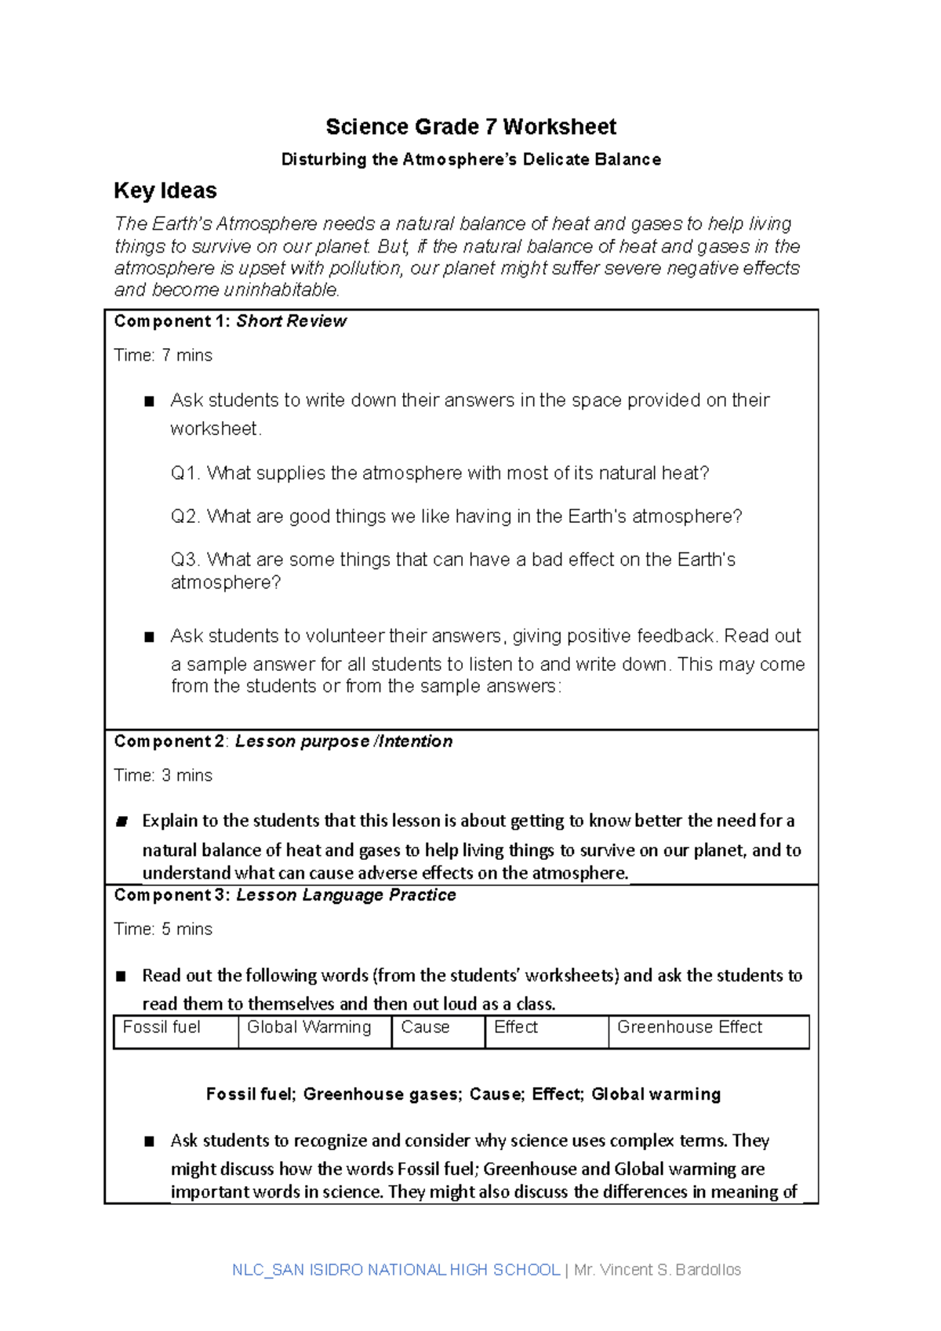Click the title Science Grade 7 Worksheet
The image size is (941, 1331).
tap(470, 127)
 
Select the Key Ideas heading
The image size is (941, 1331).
tap(165, 190)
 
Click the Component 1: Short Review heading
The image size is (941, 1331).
tap(230, 321)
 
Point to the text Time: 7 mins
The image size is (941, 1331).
tap(163, 355)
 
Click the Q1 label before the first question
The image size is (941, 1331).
tap(185, 473)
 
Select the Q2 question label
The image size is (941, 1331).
tap(185, 517)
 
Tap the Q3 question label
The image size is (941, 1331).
tap(185, 560)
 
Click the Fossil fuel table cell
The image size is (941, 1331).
tap(162, 1028)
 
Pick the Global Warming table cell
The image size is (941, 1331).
tap(309, 1028)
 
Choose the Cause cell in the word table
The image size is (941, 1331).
tap(425, 1028)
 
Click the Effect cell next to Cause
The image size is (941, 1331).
tap(516, 1028)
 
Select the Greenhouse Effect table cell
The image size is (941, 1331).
tap(689, 1028)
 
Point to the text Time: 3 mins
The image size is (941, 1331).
tap(163, 775)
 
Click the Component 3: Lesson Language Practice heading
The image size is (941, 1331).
tap(285, 895)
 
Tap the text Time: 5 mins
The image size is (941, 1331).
tap(163, 929)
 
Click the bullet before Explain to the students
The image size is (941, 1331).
tap(122, 821)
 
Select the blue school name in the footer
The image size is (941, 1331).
tap(396, 1270)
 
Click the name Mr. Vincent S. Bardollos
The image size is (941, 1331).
tap(657, 1270)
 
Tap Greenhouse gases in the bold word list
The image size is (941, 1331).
tap(382, 1094)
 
